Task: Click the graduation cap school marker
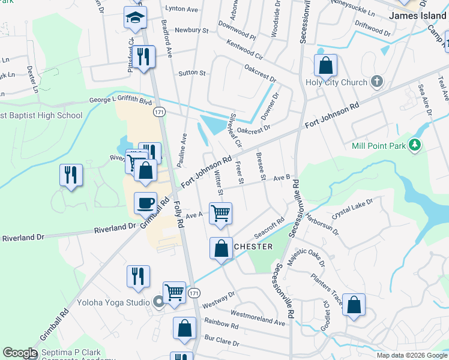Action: (136, 17)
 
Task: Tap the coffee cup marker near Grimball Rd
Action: (145, 203)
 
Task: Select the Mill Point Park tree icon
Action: (414, 145)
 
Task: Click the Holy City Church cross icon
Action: (377, 82)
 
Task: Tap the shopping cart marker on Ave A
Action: (221, 212)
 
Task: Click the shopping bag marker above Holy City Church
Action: (325, 65)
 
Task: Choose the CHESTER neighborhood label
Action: (253, 247)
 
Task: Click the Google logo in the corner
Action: (19, 353)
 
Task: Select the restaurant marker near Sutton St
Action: (143, 57)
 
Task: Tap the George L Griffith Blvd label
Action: (121, 101)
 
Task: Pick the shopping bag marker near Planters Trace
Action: (354, 304)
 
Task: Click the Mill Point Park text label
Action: (377, 145)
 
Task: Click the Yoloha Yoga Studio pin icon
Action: (158, 302)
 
